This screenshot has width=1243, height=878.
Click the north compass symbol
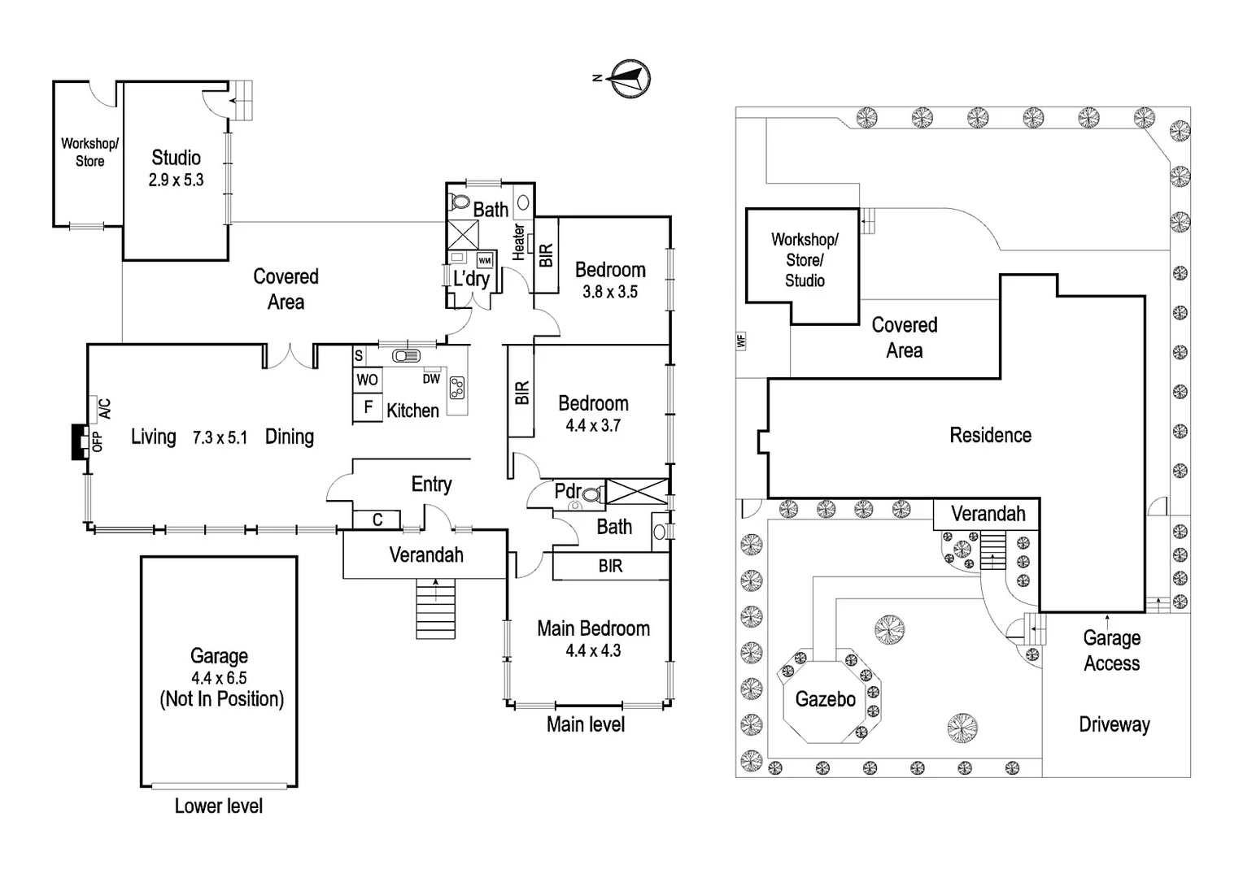click(630, 79)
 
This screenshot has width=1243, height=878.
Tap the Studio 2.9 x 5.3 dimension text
click(176, 180)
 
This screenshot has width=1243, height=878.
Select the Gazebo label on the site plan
click(825, 699)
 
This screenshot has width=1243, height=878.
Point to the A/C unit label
click(104, 408)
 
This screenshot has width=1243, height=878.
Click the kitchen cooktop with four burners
click(457, 389)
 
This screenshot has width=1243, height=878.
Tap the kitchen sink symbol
click(405, 356)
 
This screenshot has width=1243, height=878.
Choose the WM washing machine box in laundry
click(485, 261)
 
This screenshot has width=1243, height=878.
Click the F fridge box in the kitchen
click(369, 407)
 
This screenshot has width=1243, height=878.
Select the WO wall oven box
click(368, 380)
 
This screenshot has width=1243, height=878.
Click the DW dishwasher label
click(431, 379)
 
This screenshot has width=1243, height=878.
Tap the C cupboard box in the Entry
click(377, 519)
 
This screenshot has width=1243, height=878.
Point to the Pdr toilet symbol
click(592, 493)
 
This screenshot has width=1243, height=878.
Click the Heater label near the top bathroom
click(518, 242)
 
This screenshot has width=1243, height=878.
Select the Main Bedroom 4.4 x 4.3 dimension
click(593, 650)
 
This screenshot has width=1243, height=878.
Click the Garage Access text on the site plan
click(1111, 650)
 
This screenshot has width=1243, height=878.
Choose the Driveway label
click(1114, 724)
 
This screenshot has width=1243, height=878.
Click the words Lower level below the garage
click(218, 806)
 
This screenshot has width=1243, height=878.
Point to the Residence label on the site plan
click(990, 435)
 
